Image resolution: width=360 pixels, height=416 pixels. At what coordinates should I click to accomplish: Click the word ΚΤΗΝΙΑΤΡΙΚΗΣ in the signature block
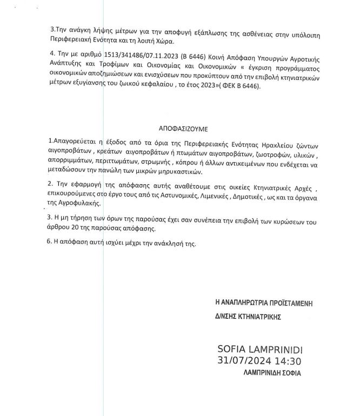click(257, 317)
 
